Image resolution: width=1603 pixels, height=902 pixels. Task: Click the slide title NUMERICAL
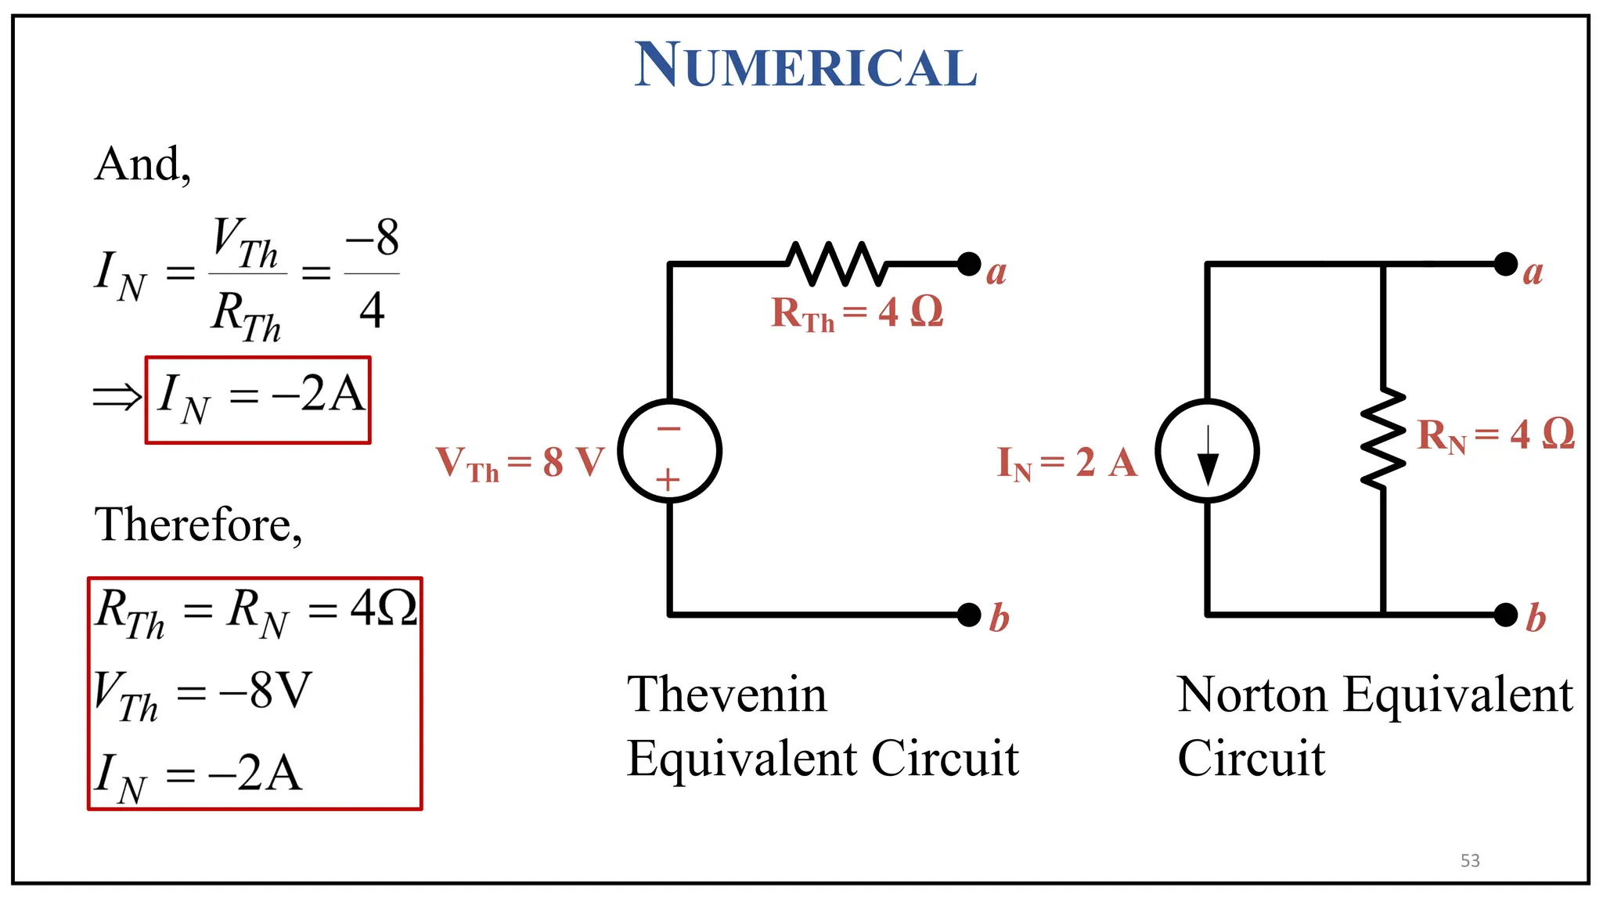[805, 66]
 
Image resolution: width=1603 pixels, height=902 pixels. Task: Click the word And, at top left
[142, 164]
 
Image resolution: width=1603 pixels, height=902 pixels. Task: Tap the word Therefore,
[198, 525]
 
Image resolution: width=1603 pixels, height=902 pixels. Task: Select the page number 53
[1470, 861]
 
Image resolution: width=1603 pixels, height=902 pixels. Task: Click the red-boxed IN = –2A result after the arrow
[258, 399]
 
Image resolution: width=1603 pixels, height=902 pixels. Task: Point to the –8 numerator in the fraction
[373, 237]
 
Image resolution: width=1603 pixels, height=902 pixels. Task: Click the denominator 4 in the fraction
[372, 310]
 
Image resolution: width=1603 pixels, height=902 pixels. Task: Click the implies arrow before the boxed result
[117, 397]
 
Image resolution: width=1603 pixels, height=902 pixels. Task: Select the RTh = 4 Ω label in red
[857, 312]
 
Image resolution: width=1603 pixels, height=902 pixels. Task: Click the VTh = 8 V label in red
[521, 462]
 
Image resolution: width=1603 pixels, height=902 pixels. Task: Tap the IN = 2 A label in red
[1067, 462]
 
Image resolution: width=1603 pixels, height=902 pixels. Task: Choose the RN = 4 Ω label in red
[1496, 435]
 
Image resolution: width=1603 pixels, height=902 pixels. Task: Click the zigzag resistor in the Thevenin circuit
[837, 263]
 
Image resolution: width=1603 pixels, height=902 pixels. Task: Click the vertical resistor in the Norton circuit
[1383, 438]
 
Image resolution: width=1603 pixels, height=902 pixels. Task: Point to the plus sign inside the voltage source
[668, 480]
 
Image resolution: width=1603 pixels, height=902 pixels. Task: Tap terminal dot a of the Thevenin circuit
[969, 264]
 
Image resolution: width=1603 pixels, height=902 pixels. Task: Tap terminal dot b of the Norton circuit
[1505, 615]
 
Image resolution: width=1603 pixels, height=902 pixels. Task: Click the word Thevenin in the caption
[726, 695]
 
